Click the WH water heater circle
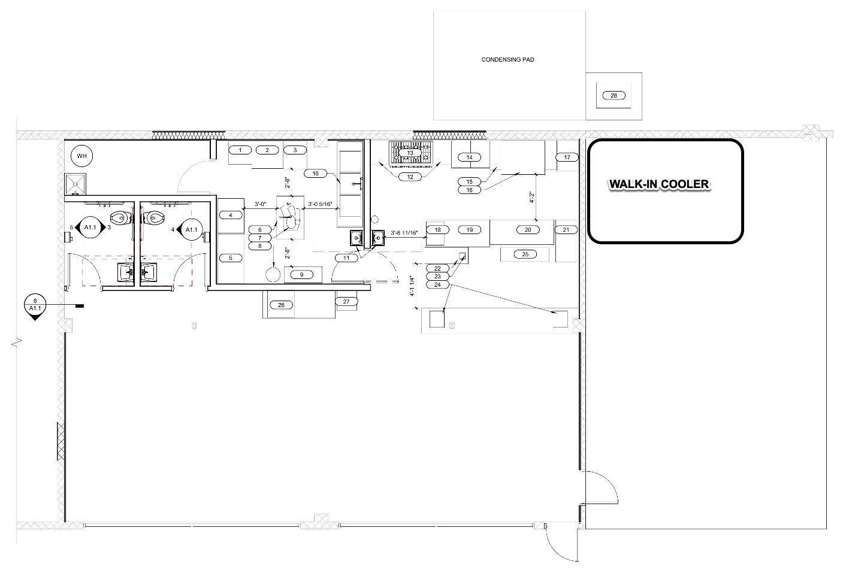point(81,156)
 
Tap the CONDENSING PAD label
point(507,60)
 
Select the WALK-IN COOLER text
point(659,184)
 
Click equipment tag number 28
point(614,96)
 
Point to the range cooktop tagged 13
point(410,153)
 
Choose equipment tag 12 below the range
point(410,177)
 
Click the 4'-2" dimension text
point(532,197)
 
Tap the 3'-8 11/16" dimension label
point(404,233)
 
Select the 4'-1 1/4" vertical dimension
point(412,287)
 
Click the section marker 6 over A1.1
point(35,305)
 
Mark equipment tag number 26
point(282,305)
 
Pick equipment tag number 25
point(525,254)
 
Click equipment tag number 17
point(567,157)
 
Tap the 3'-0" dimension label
point(260,204)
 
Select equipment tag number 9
point(301,275)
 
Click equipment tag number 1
point(240,150)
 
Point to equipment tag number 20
point(528,229)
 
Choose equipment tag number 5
point(231,258)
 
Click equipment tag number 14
point(470,157)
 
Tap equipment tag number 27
point(346,301)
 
